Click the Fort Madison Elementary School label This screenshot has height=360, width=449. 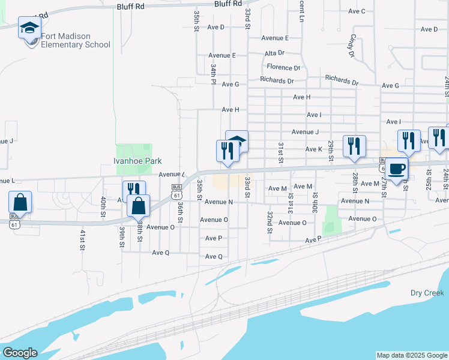(76, 40)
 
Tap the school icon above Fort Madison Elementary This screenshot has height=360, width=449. (29, 28)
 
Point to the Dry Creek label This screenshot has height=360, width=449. (427, 293)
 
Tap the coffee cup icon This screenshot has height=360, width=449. (396, 169)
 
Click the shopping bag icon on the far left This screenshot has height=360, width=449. (20, 203)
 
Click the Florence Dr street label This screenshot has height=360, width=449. (283, 67)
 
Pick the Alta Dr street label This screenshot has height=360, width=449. (274, 53)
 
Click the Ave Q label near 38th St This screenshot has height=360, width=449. (161, 253)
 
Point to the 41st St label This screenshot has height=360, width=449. (82, 239)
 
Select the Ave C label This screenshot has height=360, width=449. (357, 11)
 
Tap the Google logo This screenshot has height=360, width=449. (20, 353)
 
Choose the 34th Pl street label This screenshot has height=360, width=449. (213, 74)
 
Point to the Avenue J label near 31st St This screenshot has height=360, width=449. (305, 132)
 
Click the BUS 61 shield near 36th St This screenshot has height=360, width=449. (176, 191)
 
